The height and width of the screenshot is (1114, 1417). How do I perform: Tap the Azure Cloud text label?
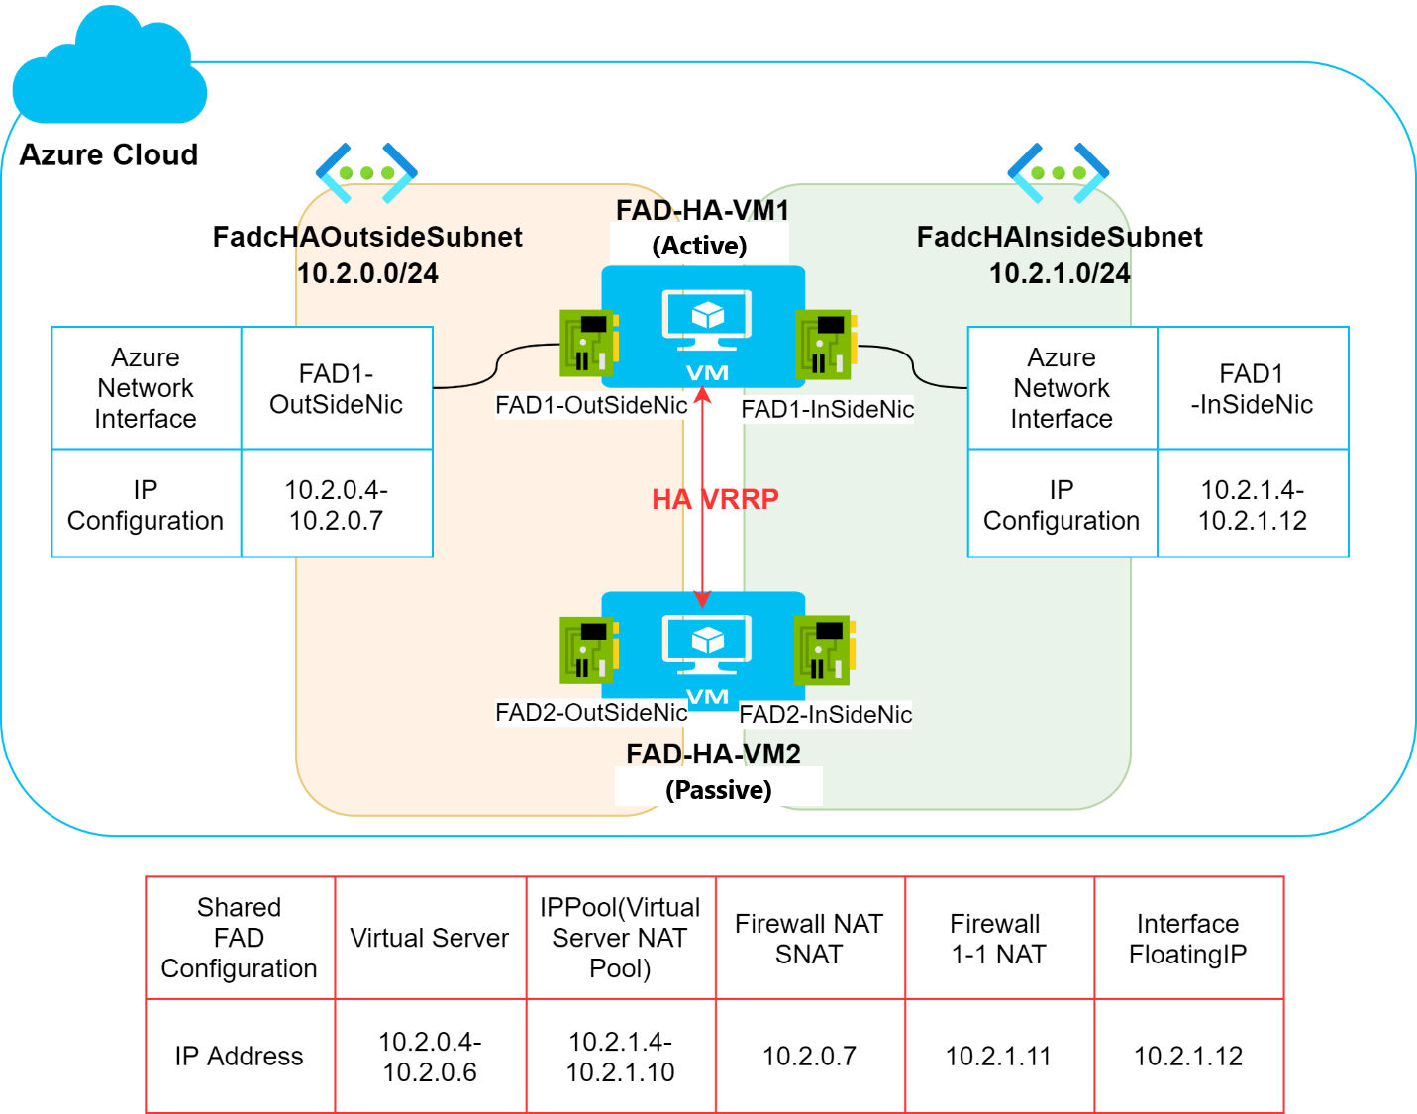[x=109, y=155]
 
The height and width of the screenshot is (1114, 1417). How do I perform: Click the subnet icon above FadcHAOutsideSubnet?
[x=366, y=173]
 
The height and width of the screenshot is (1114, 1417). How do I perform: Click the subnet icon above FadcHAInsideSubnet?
[x=1058, y=173]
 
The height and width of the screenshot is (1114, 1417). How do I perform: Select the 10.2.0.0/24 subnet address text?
[x=367, y=273]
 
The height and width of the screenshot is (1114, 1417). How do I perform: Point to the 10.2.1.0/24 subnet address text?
[x=1060, y=273]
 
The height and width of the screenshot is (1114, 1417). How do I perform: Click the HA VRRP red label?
[x=715, y=499]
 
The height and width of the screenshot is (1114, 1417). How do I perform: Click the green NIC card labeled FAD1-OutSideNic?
[x=589, y=343]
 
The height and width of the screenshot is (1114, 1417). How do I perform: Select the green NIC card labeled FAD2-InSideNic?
[x=824, y=650]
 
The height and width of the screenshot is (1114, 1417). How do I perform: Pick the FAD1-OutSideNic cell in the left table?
[x=337, y=389]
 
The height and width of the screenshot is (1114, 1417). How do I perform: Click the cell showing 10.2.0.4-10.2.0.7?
[x=337, y=505]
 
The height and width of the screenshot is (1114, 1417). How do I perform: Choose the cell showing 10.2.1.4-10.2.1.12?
[x=1253, y=505]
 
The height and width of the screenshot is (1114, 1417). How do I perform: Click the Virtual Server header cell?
[x=430, y=939]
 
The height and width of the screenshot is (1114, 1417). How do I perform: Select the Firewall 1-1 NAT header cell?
[x=998, y=939]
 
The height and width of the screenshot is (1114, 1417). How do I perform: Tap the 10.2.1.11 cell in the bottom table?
[x=998, y=1057]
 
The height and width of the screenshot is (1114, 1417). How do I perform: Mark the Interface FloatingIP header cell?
[x=1187, y=939]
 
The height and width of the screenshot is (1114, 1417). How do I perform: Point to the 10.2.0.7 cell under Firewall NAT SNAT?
[x=809, y=1057]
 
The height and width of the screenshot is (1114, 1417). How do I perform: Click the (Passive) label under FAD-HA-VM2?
[x=719, y=790]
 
